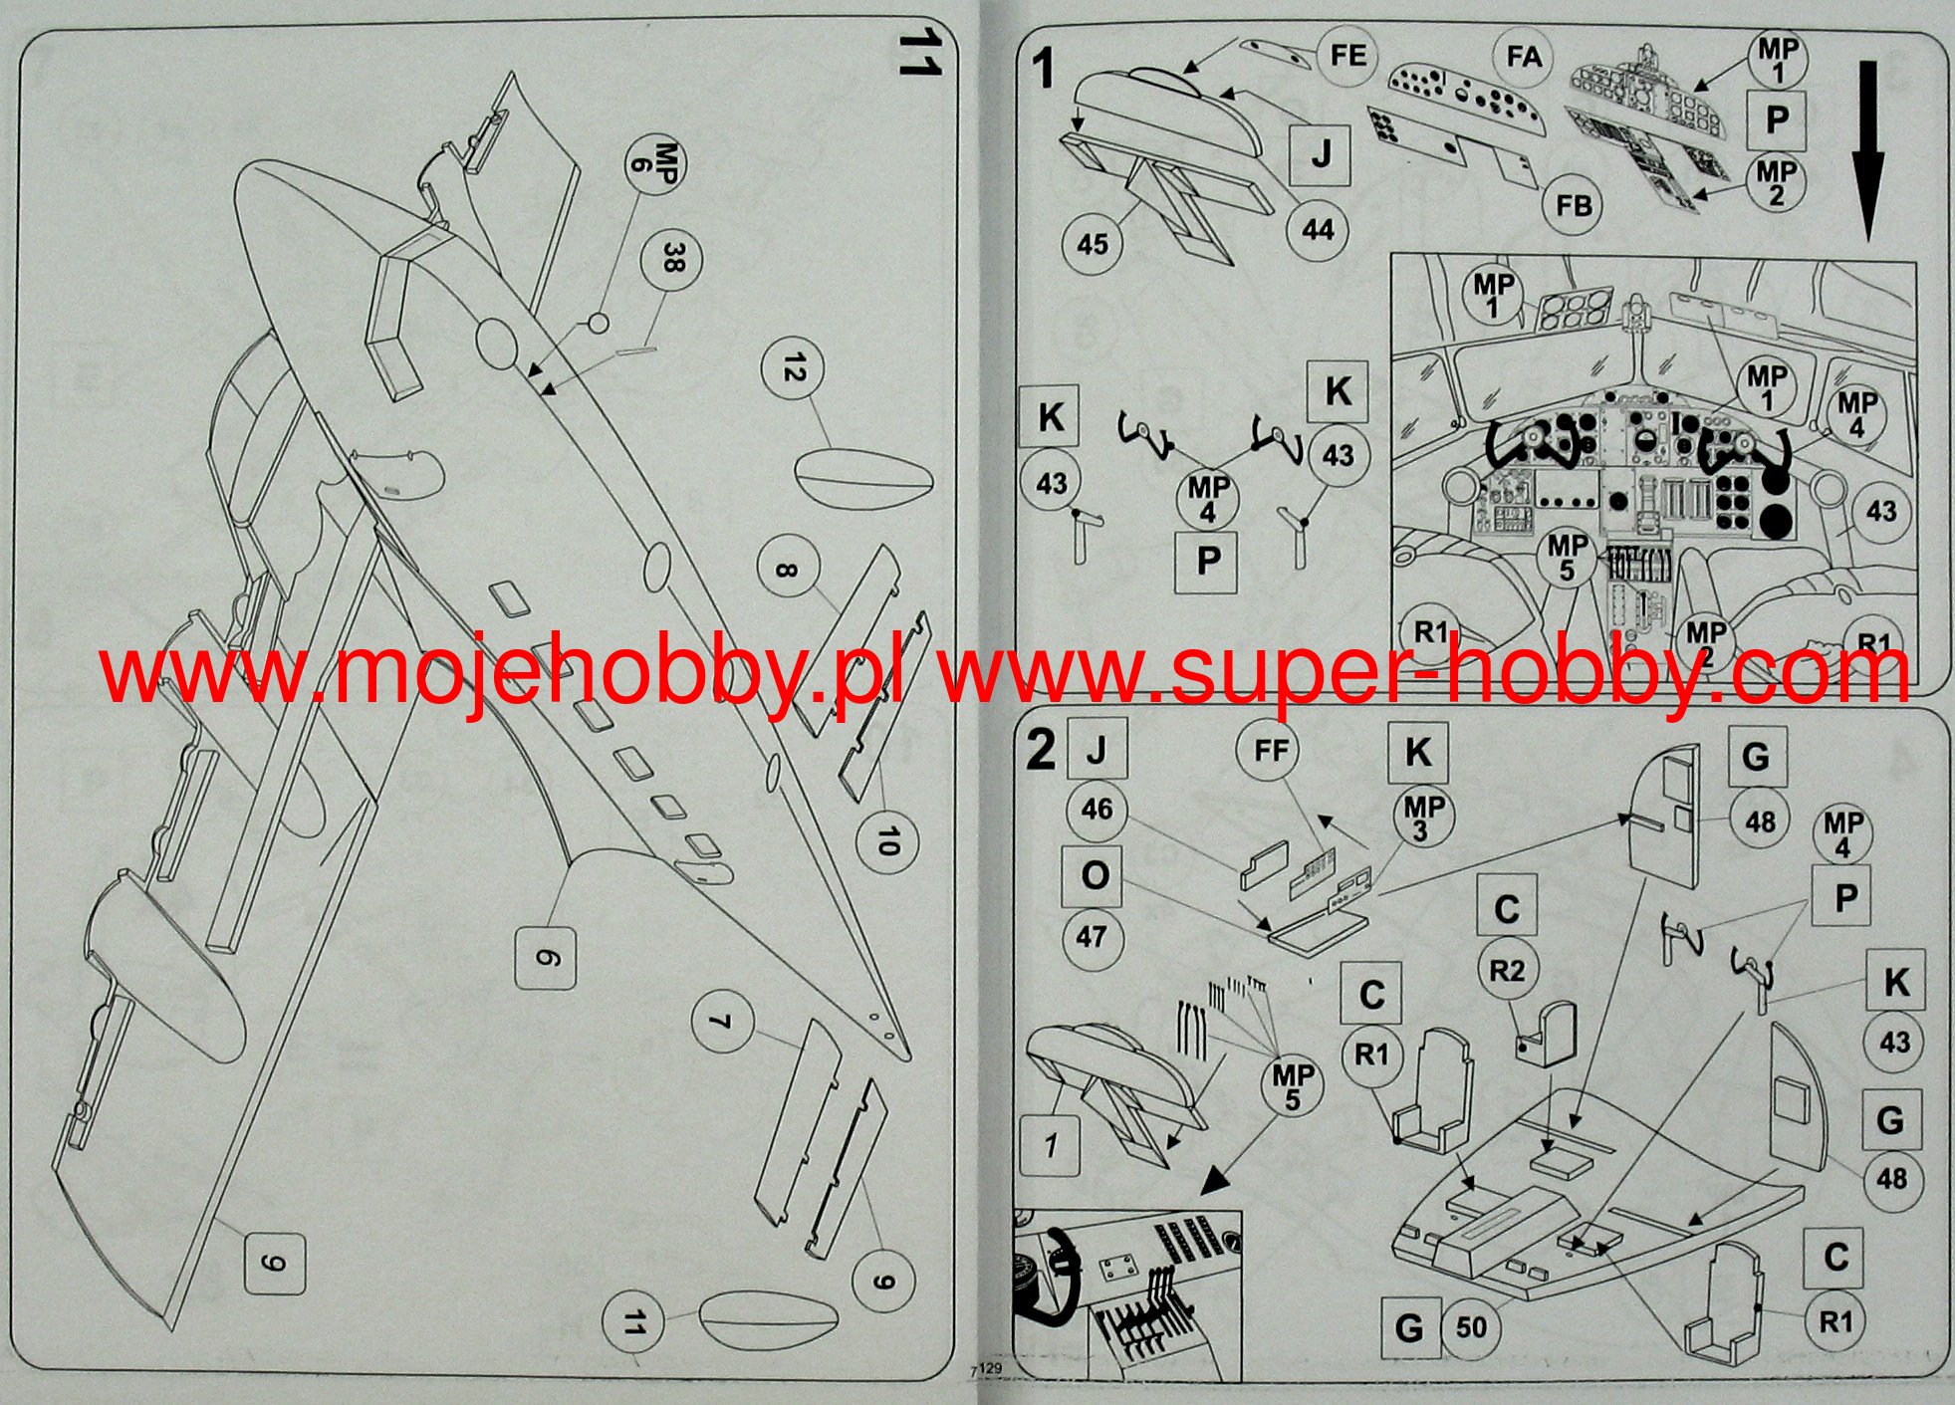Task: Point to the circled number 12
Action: point(792,369)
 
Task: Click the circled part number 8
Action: point(786,571)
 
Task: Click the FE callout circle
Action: point(1347,56)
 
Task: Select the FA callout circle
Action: point(1524,57)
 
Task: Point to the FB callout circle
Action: point(1574,205)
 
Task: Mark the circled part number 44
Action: point(1317,229)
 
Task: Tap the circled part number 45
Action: point(1092,243)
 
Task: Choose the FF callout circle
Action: point(1271,750)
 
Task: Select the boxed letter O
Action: point(1095,877)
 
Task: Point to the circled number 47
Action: point(1092,936)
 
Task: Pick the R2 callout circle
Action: point(1507,969)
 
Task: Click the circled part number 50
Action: point(1470,1326)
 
